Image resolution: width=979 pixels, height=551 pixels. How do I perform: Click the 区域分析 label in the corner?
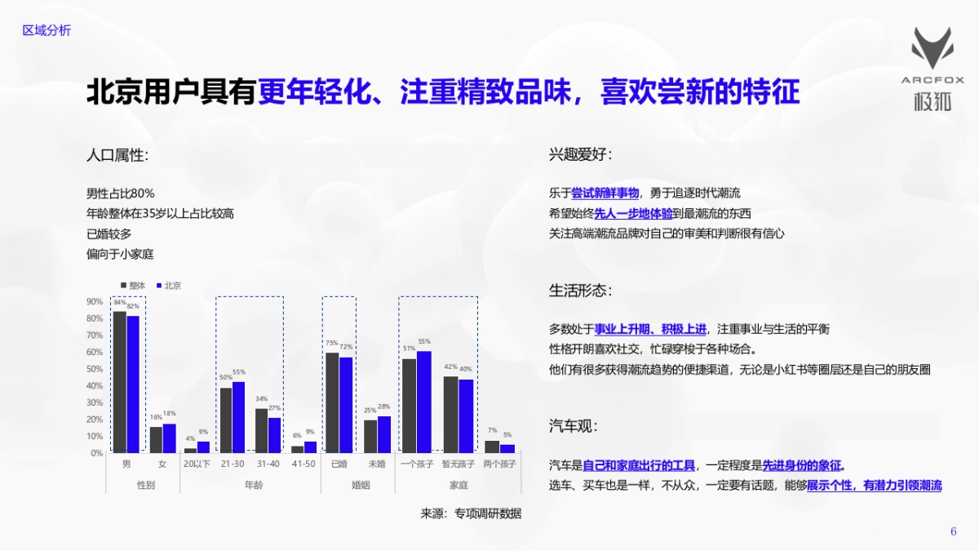pos(47,30)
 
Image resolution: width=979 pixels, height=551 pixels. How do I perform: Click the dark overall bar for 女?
pos(156,439)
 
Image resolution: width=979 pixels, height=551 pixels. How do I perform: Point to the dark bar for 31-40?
pos(261,430)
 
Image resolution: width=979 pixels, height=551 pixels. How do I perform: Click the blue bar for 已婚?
pos(346,405)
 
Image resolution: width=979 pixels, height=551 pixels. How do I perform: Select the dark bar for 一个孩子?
pos(409,406)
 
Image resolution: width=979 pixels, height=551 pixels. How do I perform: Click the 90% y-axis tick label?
pos(95,301)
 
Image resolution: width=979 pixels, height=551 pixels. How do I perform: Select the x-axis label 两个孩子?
pos(500,464)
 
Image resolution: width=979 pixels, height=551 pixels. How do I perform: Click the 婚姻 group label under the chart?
pos(360,485)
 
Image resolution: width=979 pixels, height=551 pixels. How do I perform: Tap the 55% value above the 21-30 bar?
pos(239,372)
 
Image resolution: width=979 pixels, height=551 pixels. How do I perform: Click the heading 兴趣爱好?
pos(580,154)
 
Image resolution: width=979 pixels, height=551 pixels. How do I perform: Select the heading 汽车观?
pos(574,426)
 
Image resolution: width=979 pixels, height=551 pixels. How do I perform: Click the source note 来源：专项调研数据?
pos(470,513)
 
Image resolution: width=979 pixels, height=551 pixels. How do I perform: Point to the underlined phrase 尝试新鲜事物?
pos(605,193)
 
